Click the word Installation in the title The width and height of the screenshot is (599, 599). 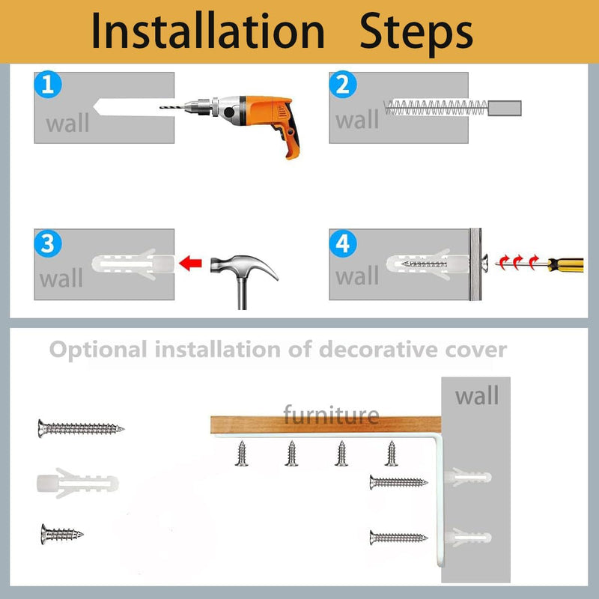pyautogui.click(x=208, y=31)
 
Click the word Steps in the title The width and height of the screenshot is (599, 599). pyautogui.click(x=416, y=34)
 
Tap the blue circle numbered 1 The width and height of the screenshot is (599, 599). pyautogui.click(x=48, y=85)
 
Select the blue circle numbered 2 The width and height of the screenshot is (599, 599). pyautogui.click(x=343, y=85)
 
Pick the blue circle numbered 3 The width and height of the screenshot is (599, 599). pyautogui.click(x=48, y=243)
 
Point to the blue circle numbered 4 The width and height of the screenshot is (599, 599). pyautogui.click(x=343, y=243)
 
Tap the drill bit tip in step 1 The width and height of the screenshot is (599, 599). pyautogui.click(x=160, y=107)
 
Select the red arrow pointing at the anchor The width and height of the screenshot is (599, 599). pyautogui.click(x=190, y=264)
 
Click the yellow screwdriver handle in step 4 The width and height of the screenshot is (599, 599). pyautogui.click(x=566, y=265)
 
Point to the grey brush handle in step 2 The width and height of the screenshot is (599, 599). pyautogui.click(x=505, y=108)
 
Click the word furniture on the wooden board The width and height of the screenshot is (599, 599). pyautogui.click(x=331, y=414)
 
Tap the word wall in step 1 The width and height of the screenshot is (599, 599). pyautogui.click(x=67, y=123)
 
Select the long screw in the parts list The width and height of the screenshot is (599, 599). pyautogui.click(x=81, y=428)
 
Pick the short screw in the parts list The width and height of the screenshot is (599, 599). pyautogui.click(x=62, y=534)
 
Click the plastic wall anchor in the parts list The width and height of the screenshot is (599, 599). pyautogui.click(x=78, y=483)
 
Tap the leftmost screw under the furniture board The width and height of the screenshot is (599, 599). pyautogui.click(x=241, y=454)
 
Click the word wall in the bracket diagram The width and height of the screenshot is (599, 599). pyautogui.click(x=477, y=396)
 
